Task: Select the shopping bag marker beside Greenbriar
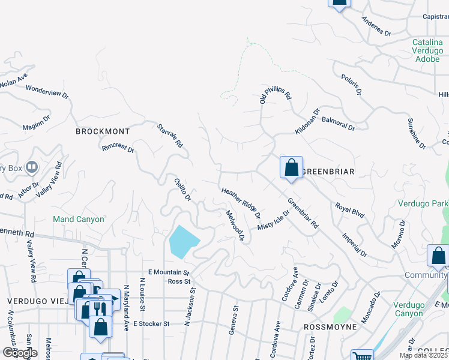click(x=291, y=168)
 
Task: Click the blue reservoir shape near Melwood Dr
click(x=184, y=242)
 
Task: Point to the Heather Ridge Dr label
click(x=241, y=202)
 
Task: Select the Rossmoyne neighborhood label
click(x=331, y=327)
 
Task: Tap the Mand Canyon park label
click(x=78, y=219)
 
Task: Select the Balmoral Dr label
click(x=339, y=124)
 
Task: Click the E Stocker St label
click(x=152, y=323)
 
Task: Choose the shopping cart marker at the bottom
click(x=361, y=355)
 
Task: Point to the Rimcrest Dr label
click(x=118, y=148)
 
